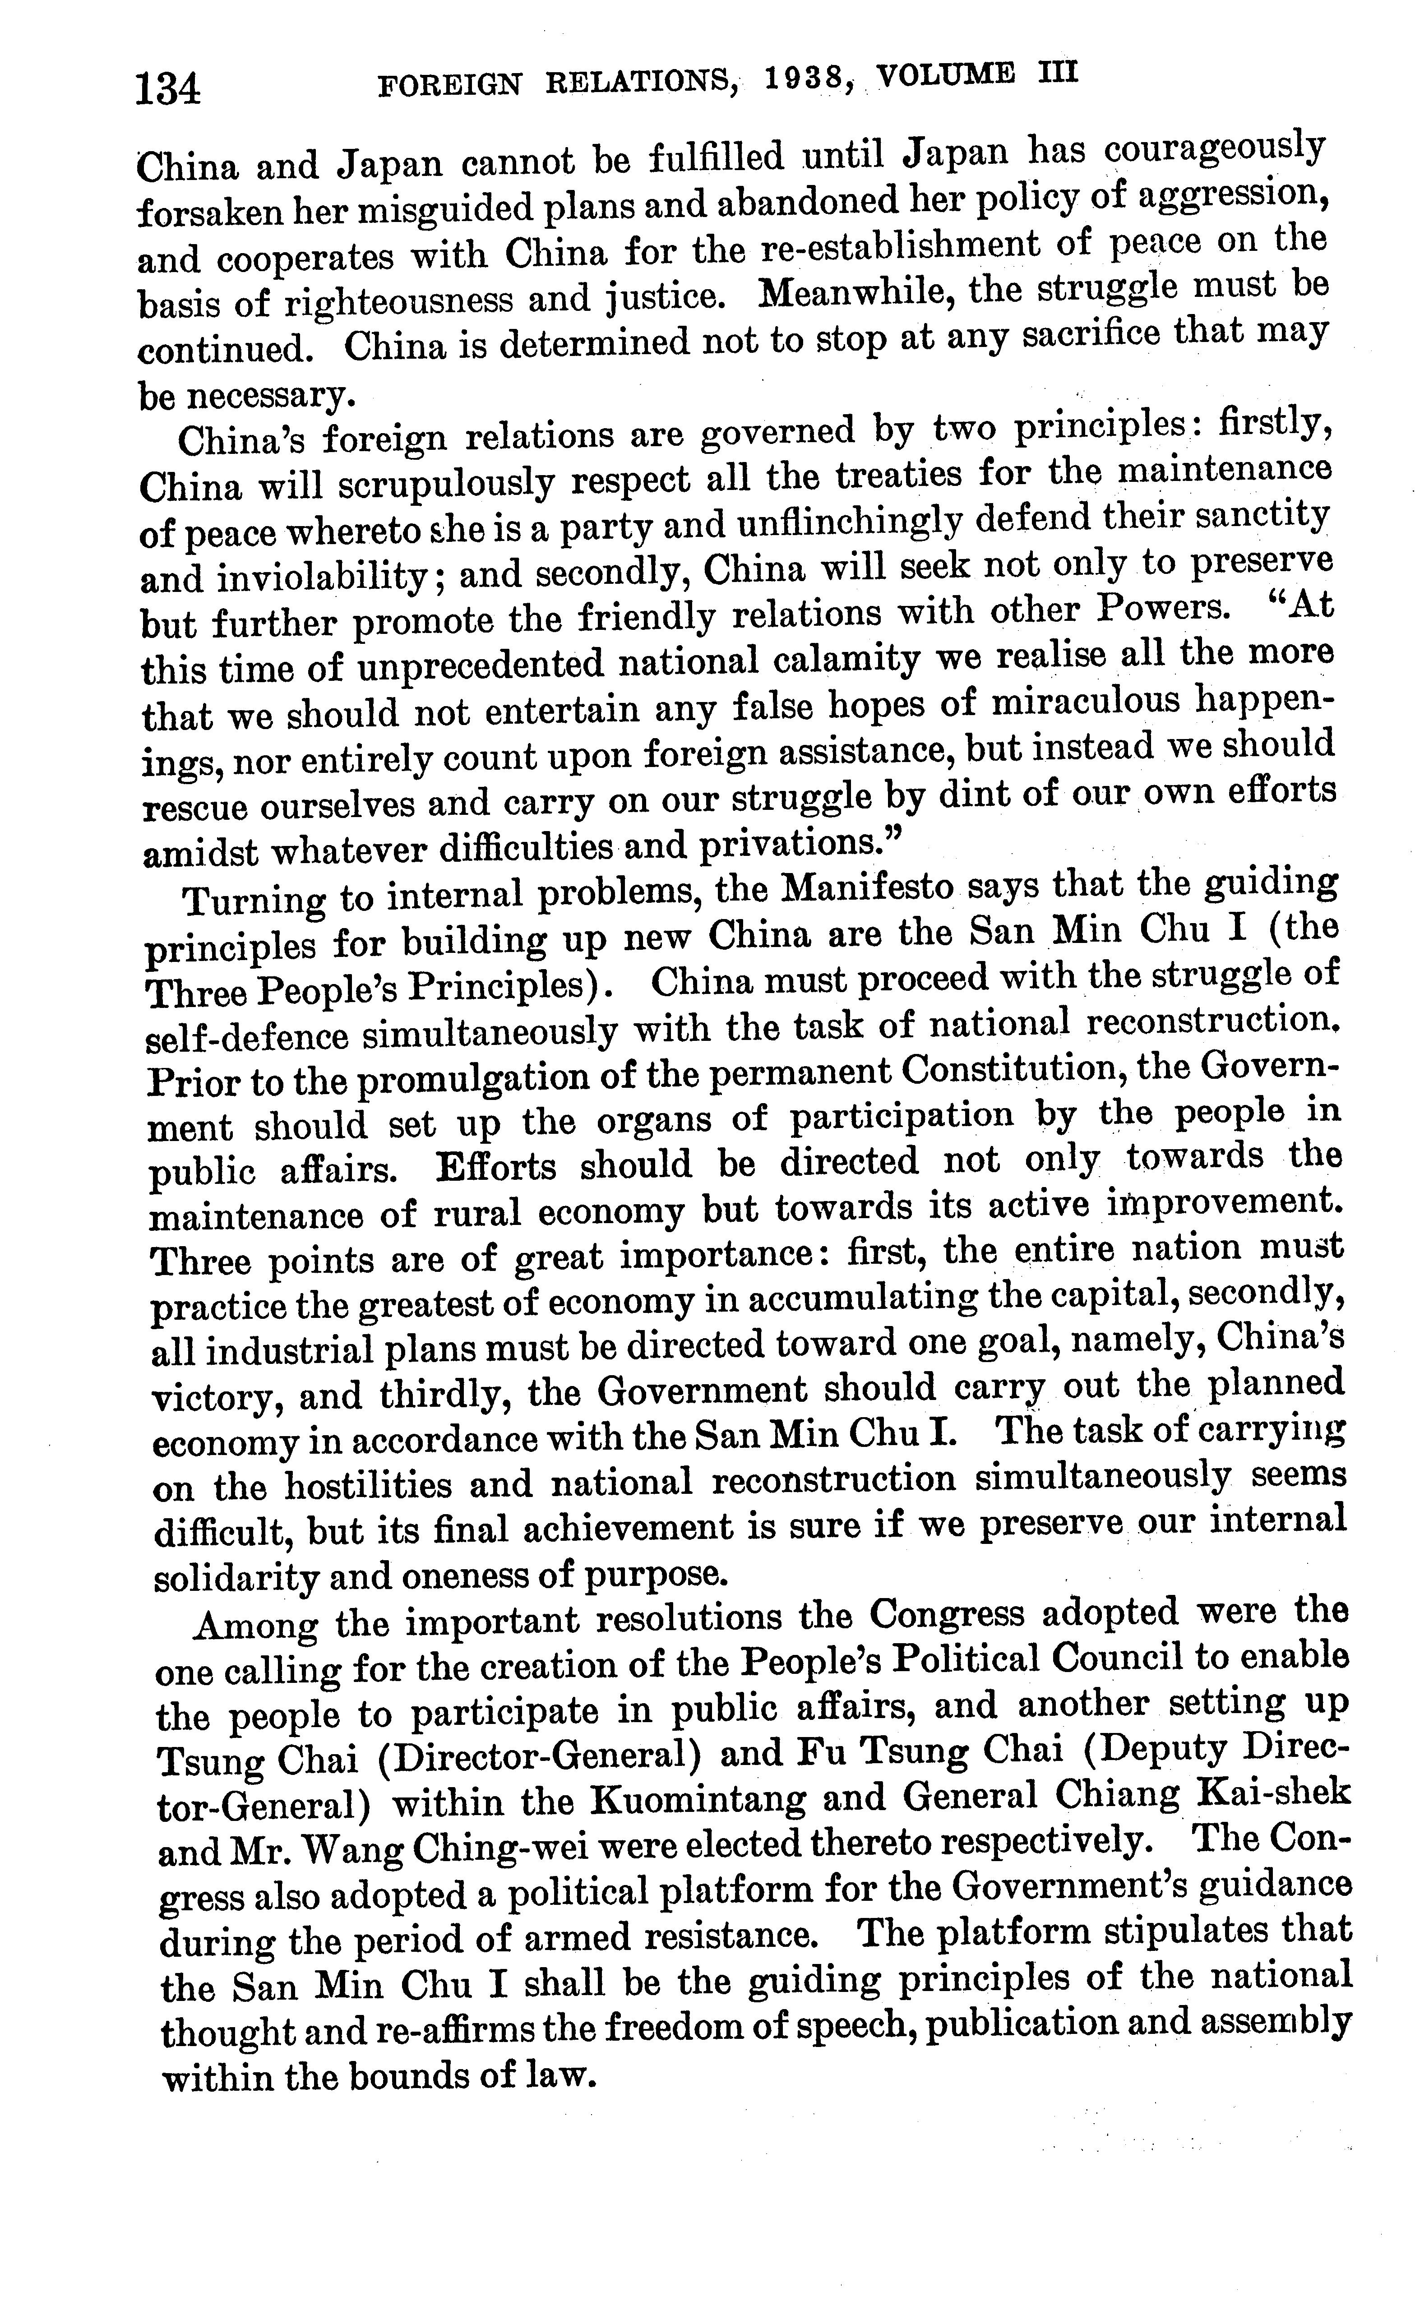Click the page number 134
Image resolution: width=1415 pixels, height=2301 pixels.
click(168, 91)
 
